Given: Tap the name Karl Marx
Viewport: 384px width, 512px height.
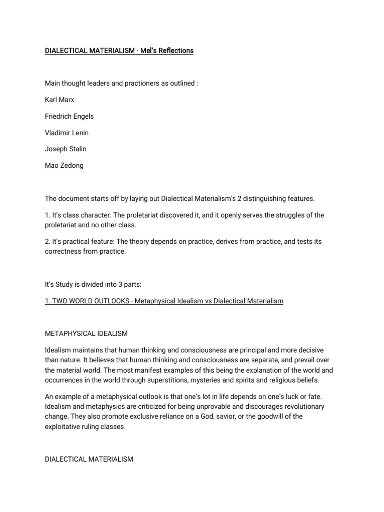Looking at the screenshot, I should tap(59, 100).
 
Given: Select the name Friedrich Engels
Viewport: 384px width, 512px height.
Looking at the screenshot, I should tap(69, 116).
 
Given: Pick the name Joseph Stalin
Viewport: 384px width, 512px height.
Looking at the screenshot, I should tap(65, 149).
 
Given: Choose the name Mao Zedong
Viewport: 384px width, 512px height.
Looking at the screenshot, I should tap(64, 166).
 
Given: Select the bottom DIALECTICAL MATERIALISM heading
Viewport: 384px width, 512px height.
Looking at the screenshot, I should tap(89, 459).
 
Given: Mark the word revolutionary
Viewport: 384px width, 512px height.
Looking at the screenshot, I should tap(291, 406).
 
